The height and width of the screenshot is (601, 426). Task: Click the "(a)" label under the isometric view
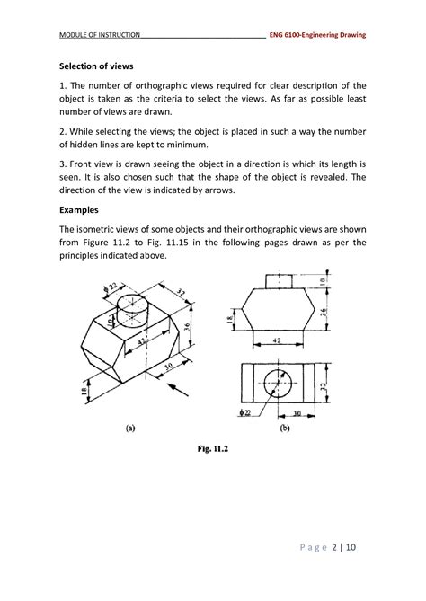(130, 429)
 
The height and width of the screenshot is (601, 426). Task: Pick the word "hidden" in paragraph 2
(91, 145)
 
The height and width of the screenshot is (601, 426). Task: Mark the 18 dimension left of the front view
(230, 319)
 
